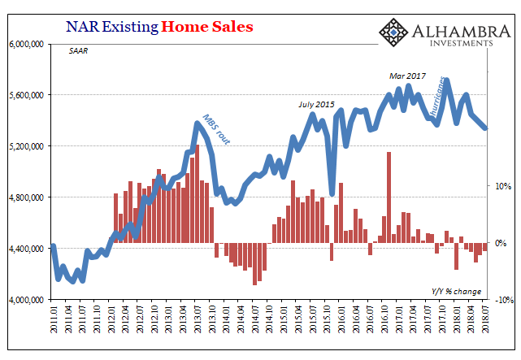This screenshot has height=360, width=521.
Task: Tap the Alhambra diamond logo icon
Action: click(394, 33)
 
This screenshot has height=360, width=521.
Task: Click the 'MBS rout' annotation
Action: click(215, 129)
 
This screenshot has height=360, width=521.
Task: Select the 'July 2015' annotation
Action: click(315, 104)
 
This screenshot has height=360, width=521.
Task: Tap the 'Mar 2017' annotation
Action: click(408, 76)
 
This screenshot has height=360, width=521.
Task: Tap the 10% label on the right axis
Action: click(502, 186)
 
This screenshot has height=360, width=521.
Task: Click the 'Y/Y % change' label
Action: click(456, 291)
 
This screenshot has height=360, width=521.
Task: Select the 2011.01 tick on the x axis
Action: click(54, 322)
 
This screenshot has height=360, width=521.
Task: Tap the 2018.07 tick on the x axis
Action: click(486, 322)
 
